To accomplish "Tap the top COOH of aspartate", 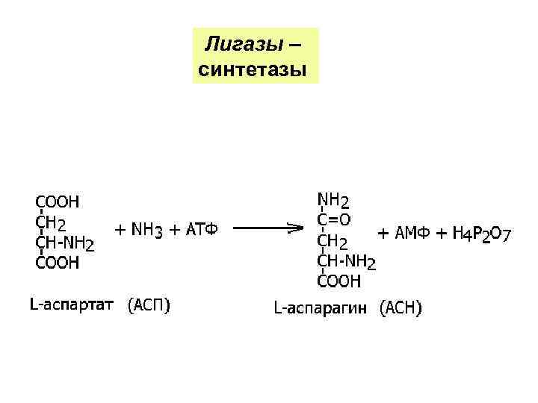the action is pyautogui.click(x=58, y=201).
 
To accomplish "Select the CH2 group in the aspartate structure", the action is pyautogui.click(x=51, y=222).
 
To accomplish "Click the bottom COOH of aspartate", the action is pyautogui.click(x=58, y=263).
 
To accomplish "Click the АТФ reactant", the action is pyautogui.click(x=201, y=231).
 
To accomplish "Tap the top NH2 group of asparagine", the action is pyautogui.click(x=333, y=200).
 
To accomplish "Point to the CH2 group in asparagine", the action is pyautogui.click(x=333, y=240).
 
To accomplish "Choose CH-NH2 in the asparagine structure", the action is pyautogui.click(x=347, y=261).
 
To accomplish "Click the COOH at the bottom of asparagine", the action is pyautogui.click(x=339, y=281).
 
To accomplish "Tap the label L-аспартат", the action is pyautogui.click(x=72, y=305).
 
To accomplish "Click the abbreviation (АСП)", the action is pyautogui.click(x=149, y=305).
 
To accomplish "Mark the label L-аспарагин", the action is pyautogui.click(x=321, y=307).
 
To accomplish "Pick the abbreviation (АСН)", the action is pyautogui.click(x=401, y=307).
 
